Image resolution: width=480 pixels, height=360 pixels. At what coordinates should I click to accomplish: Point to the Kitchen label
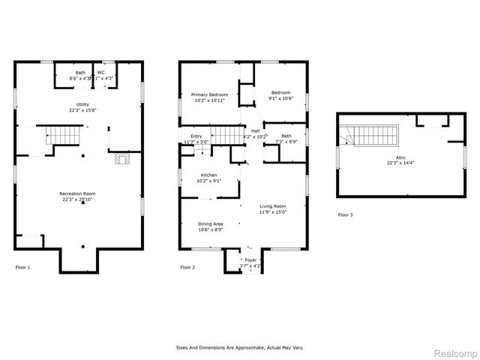click(x=208, y=174)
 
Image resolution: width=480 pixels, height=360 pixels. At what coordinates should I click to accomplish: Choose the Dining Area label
click(x=210, y=223)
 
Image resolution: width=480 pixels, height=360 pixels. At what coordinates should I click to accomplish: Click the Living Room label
click(x=273, y=206)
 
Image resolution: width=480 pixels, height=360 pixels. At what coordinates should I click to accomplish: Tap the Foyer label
click(x=250, y=259)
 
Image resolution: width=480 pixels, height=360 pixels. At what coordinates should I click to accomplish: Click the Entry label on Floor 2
click(x=196, y=136)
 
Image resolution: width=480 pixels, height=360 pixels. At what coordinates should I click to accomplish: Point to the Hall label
click(x=256, y=130)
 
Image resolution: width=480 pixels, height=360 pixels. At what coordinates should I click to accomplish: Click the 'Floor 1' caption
click(x=23, y=266)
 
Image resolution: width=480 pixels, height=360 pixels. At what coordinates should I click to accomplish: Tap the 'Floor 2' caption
click(x=187, y=266)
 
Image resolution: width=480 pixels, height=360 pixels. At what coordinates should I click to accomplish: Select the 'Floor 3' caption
click(x=345, y=215)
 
